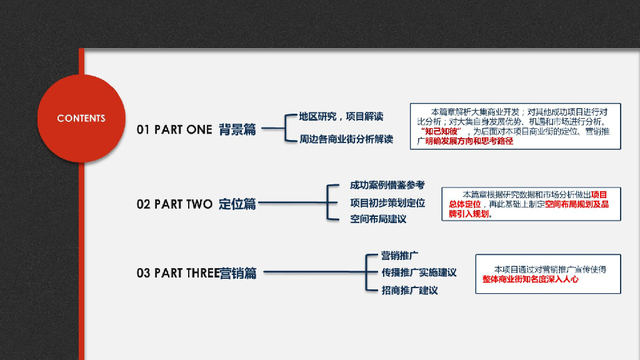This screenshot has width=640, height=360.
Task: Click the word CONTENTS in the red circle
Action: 81,118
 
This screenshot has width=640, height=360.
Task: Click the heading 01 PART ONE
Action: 174,130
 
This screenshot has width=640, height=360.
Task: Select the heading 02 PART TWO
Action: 174,204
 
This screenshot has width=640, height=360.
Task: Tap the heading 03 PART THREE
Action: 178,273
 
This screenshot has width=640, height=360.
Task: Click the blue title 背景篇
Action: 237,130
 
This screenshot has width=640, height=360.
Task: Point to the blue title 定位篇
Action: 237,204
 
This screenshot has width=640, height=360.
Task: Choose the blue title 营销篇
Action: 238,273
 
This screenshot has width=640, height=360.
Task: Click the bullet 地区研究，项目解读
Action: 341,116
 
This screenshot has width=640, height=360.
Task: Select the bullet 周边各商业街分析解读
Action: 346,139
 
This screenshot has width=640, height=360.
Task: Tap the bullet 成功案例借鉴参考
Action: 387,185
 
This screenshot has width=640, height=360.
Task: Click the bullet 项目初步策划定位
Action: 387,202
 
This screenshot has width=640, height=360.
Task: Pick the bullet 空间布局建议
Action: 377,219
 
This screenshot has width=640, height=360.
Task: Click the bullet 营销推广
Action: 399,256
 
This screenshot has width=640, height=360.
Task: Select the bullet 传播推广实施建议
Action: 419,273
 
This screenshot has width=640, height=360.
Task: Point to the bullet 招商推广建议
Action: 409,291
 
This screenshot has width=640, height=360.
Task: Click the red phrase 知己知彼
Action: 441,132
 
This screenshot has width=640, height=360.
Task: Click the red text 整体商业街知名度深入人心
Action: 530,279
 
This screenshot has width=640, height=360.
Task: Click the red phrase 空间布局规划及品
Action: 576,204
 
